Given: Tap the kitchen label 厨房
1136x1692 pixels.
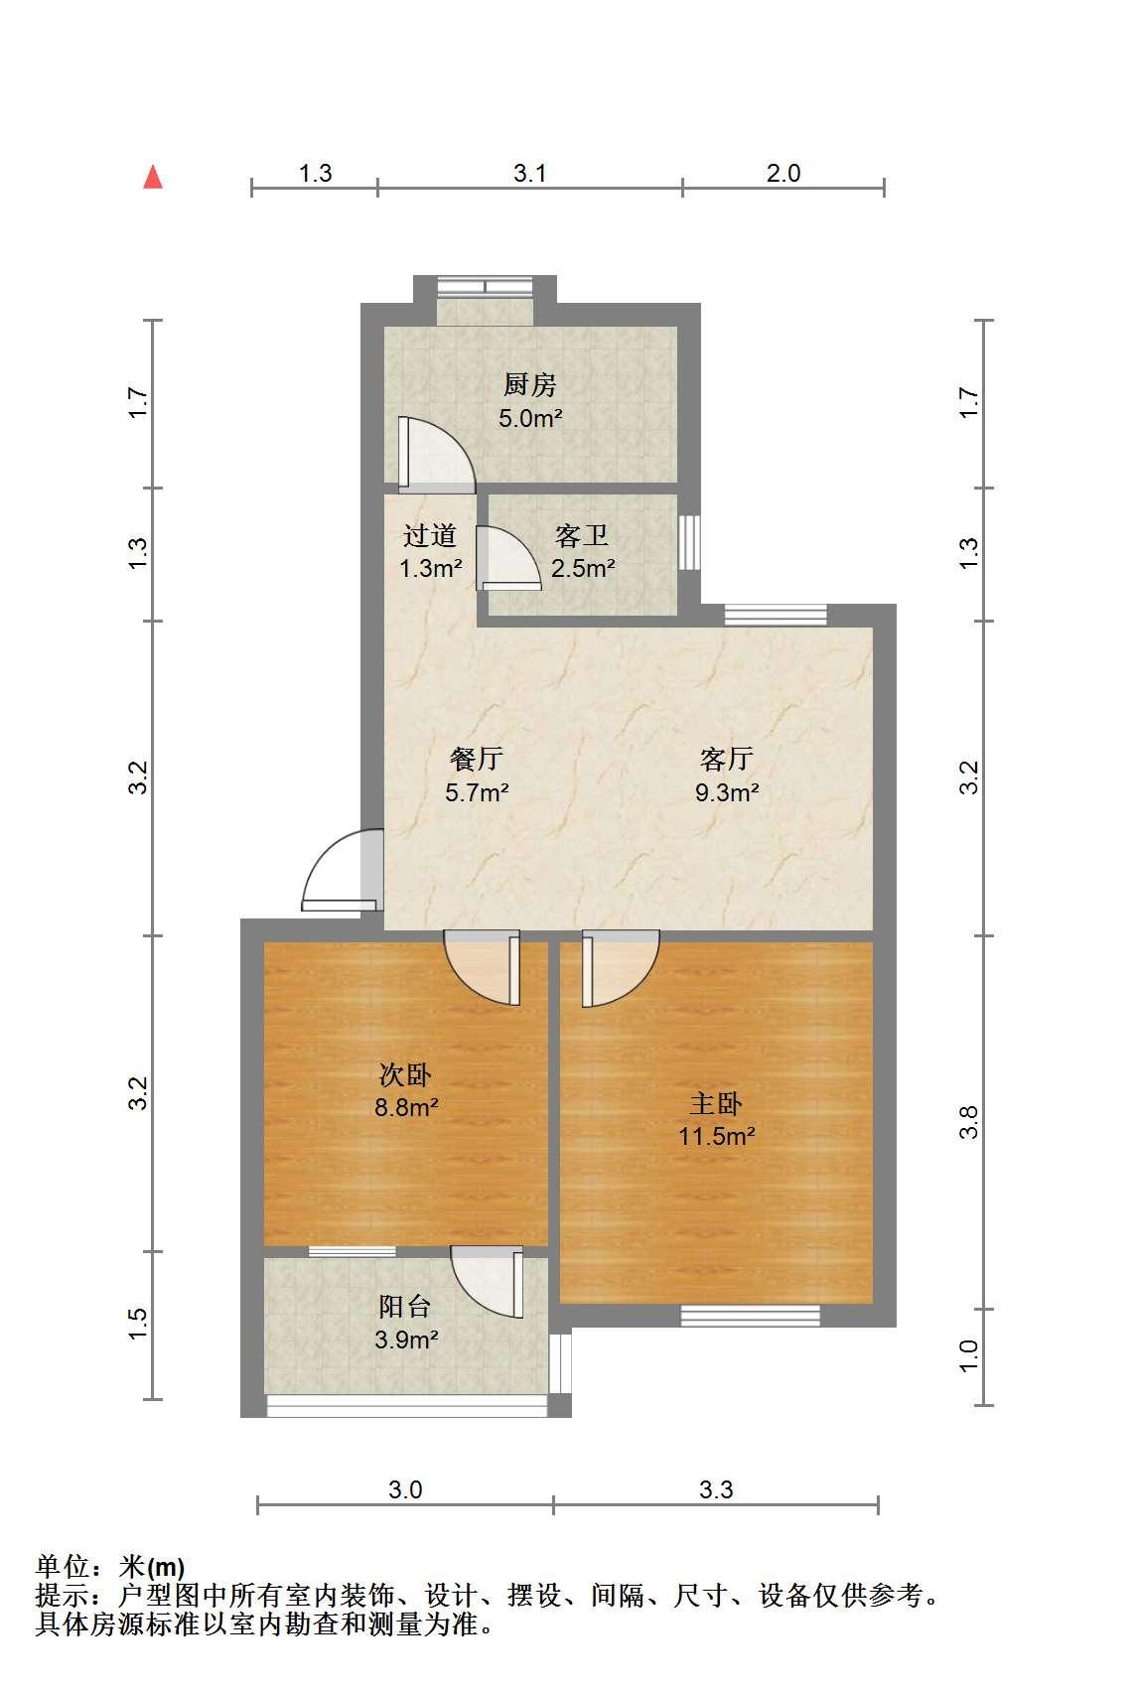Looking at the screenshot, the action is pyautogui.click(x=530, y=384).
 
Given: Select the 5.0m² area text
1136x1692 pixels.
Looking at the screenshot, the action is pyautogui.click(x=530, y=418).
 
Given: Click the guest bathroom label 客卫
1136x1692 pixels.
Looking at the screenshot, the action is pyautogui.click(x=582, y=535).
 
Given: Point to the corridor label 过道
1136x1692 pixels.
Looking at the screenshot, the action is pyautogui.click(x=430, y=535).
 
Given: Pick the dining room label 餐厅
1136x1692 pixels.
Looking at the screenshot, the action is pyautogui.click(x=477, y=759).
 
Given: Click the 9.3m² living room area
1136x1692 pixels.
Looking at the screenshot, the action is pyautogui.click(x=727, y=792).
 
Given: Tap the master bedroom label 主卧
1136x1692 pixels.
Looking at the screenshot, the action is pyautogui.click(x=716, y=1103).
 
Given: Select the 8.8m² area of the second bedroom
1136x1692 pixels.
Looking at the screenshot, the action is pyautogui.click(x=406, y=1107).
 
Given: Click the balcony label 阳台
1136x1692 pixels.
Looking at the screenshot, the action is pyautogui.click(x=405, y=1306).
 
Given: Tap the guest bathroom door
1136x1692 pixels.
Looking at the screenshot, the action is pyautogui.click(x=508, y=557).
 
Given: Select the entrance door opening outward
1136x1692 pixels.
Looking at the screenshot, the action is pyautogui.click(x=343, y=870).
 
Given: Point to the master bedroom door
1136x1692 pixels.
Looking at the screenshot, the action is pyautogui.click(x=620, y=968).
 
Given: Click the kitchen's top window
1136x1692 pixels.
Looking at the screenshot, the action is pyautogui.click(x=485, y=286).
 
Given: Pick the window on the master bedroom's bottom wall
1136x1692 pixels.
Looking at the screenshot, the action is pyautogui.click(x=750, y=1316).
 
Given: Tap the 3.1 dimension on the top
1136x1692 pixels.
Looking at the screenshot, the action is pyautogui.click(x=529, y=173).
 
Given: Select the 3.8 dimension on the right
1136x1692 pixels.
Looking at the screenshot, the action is pyautogui.click(x=968, y=1122).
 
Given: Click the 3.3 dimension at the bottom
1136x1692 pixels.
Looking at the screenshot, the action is pyautogui.click(x=715, y=1489).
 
